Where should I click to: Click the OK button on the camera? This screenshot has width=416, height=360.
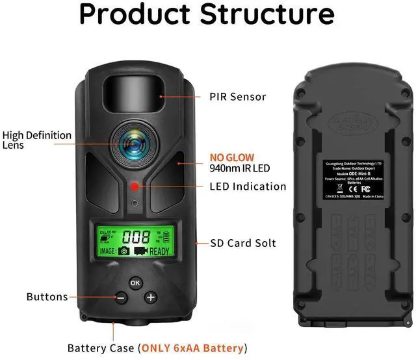tap(135, 283)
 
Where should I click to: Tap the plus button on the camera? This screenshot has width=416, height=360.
tap(151, 298)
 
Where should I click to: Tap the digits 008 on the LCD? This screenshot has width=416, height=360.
tap(136, 237)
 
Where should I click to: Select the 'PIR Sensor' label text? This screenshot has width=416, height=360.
tap(237, 97)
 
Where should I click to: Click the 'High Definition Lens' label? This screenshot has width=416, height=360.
tap(36, 140)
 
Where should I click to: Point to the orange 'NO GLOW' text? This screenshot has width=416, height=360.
tap(231, 157)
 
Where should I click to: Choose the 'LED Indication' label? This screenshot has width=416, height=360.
tap(248, 186)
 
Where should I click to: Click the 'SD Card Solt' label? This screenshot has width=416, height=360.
tap(243, 243)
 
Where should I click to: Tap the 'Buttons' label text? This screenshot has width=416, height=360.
tap(47, 297)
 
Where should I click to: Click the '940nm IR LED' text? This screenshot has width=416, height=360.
tap(239, 168)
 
